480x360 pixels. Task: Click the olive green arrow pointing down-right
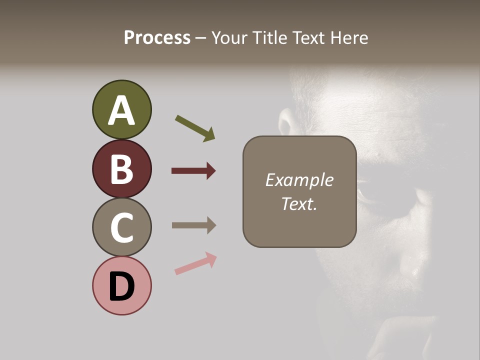(195, 128)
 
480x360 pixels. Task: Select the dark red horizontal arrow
(193, 171)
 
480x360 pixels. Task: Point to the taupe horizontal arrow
(193, 225)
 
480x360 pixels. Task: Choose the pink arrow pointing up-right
(195, 263)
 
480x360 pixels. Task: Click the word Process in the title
(157, 38)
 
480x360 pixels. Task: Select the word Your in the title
(231, 38)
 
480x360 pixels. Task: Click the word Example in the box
(299, 180)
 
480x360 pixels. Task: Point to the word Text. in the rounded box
(299, 203)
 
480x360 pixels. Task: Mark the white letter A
(121, 111)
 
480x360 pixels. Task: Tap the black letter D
(121, 287)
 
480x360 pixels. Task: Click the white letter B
(121, 169)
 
